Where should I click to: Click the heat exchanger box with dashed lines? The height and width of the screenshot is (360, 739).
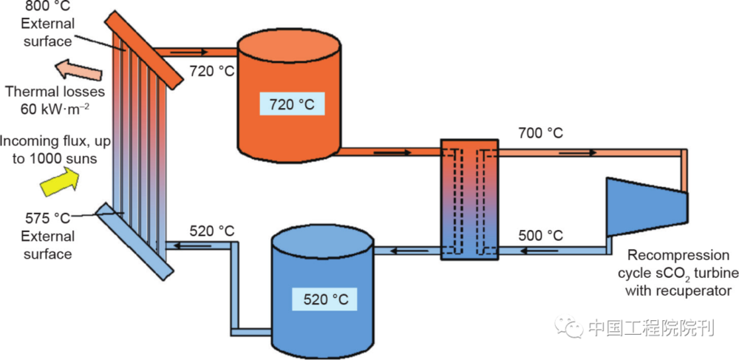(469, 199)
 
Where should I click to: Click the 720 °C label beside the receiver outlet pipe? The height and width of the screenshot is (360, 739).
(208, 72)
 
